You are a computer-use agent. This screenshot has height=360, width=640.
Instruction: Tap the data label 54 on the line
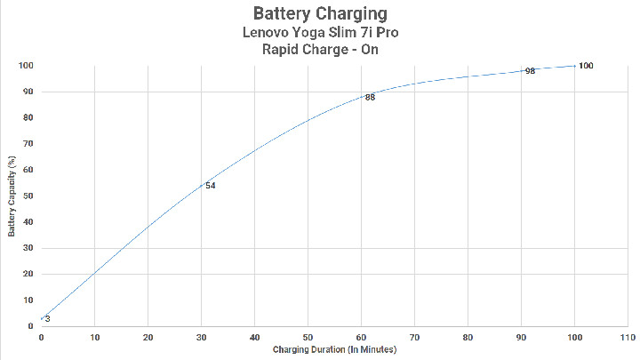[x=211, y=186]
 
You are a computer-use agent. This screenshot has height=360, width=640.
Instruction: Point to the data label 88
[x=370, y=98]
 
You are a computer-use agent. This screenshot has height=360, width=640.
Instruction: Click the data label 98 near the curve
[x=530, y=71]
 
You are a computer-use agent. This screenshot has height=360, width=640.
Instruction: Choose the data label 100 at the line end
[x=585, y=66]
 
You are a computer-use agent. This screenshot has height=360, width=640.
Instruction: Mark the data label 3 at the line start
[x=47, y=319]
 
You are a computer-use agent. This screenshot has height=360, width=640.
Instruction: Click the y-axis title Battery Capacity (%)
[x=12, y=196]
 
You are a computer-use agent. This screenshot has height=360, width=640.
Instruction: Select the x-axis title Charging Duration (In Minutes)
[x=333, y=349]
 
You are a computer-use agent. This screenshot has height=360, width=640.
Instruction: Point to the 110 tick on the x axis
[x=627, y=338]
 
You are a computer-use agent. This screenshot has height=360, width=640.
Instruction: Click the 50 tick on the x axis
[x=308, y=338]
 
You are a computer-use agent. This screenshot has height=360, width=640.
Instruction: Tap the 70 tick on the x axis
[x=414, y=338]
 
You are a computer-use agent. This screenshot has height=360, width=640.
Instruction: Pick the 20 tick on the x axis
[x=148, y=338]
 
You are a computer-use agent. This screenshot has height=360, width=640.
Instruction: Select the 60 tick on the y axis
[x=28, y=170]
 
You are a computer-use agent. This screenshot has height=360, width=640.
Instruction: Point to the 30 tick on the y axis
[x=28, y=248]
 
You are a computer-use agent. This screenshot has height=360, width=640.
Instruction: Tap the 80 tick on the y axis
[x=28, y=118]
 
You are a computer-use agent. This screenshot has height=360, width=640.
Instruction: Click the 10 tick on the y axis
[x=28, y=300]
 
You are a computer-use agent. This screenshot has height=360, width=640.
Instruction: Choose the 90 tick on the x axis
[x=521, y=338]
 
